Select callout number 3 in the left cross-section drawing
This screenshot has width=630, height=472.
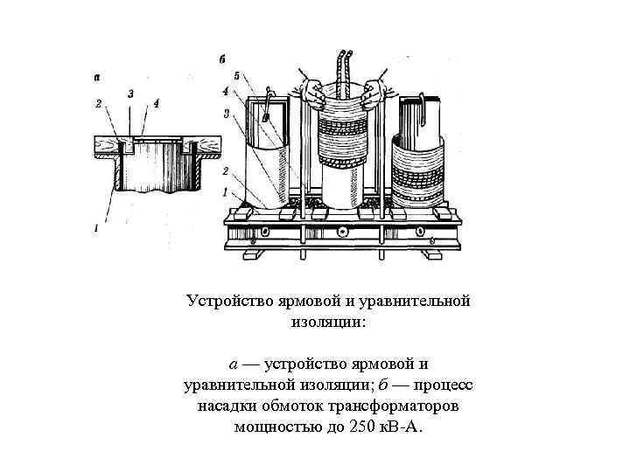click(130, 92)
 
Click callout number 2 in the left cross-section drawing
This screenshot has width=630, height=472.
click(100, 104)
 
